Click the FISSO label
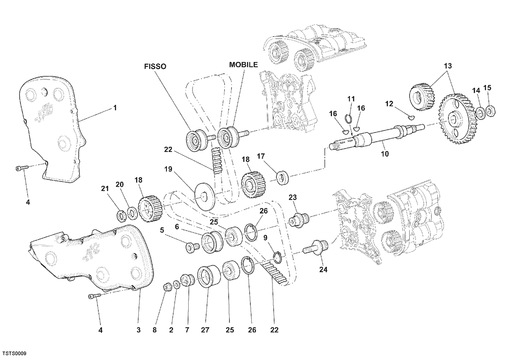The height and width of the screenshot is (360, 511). pyautogui.click(x=155, y=66)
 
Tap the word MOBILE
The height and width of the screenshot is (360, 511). pyautogui.click(x=244, y=65)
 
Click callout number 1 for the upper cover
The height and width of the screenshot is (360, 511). pyautogui.click(x=115, y=108)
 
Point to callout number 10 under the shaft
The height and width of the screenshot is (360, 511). pyautogui.click(x=385, y=154)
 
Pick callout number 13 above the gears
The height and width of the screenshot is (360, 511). pyautogui.click(x=448, y=66)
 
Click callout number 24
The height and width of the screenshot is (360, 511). pyautogui.click(x=323, y=270)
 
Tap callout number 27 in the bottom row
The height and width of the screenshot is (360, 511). pyautogui.click(x=205, y=330)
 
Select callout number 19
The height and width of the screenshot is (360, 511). pyautogui.click(x=168, y=169)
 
